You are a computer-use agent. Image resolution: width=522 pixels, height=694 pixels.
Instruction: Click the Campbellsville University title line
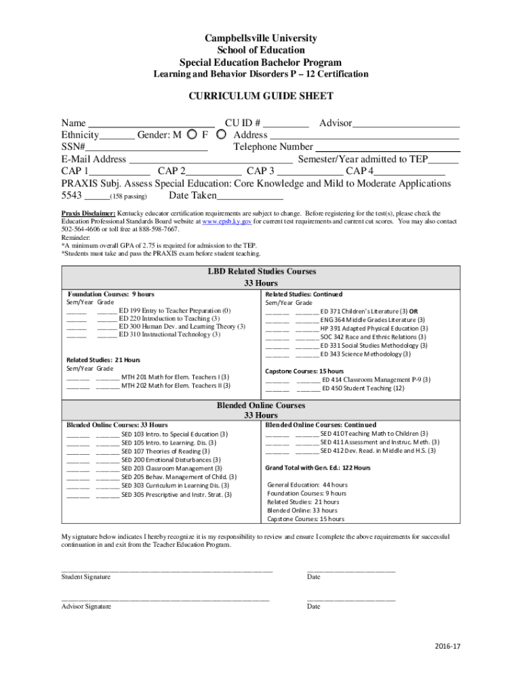261,39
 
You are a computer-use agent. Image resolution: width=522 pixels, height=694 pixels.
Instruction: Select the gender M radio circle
193,134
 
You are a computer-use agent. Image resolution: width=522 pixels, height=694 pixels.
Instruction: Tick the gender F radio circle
221,134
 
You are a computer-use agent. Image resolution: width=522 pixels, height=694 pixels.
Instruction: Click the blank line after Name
152,123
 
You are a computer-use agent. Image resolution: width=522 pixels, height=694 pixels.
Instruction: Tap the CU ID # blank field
285,123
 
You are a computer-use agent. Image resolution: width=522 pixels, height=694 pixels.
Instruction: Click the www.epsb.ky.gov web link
228,222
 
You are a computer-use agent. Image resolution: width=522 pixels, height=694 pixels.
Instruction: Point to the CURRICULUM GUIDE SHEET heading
261,96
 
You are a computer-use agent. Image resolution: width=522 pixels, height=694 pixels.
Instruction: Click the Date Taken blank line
249,196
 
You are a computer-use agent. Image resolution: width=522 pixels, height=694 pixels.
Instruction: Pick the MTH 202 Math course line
175,386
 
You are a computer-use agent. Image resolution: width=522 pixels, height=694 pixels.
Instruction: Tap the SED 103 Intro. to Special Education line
174,434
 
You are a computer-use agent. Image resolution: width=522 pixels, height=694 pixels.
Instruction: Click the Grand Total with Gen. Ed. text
318,468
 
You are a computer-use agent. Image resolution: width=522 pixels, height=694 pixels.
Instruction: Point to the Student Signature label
86,577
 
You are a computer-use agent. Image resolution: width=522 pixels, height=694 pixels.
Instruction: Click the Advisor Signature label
86,607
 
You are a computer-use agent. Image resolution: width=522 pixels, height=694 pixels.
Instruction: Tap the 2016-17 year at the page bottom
447,647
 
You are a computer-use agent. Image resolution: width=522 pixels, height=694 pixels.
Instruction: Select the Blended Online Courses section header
261,405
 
